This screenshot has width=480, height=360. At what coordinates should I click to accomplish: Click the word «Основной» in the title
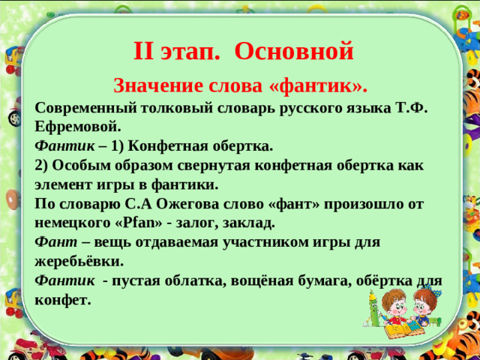(x=293, y=51)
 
